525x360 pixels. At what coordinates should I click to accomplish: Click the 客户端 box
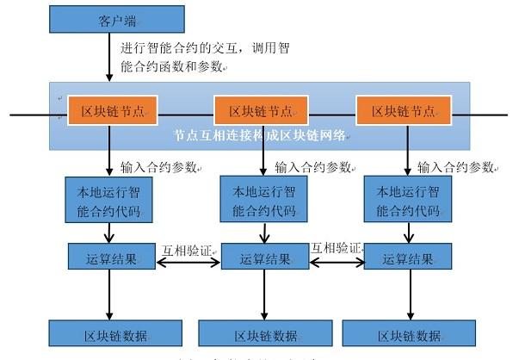point(117,20)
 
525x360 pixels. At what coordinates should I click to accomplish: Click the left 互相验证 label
point(188,250)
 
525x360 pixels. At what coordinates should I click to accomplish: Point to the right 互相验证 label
point(336,248)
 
